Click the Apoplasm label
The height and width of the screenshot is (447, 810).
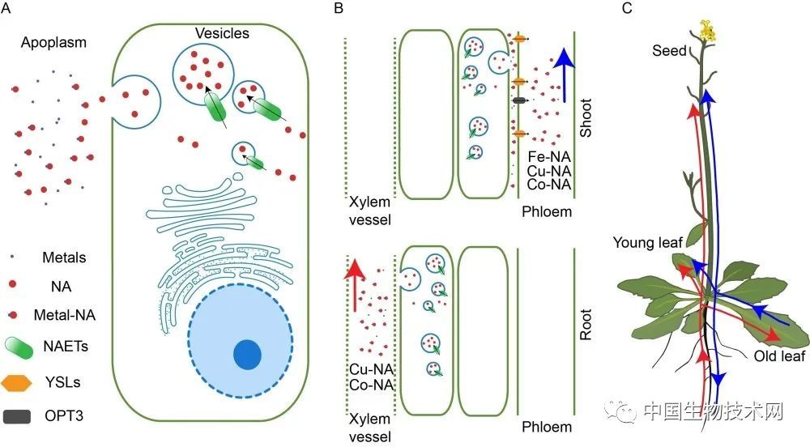coord(53,43)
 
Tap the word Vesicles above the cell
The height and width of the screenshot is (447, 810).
coord(222,33)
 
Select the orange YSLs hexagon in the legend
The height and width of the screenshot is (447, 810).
coord(16,382)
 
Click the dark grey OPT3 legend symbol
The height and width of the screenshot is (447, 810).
coord(16,416)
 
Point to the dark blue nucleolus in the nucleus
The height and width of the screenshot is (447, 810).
coord(247,355)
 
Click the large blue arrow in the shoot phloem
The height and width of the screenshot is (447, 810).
coord(564,74)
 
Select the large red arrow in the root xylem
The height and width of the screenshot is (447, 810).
coord(355,285)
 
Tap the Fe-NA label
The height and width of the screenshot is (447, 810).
coord(549,157)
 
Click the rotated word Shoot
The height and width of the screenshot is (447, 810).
coord(586,117)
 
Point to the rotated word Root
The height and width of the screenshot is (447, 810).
coord(586,324)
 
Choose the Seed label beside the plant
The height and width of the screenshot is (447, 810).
coord(669,50)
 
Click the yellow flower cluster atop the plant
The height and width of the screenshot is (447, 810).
coord(707,31)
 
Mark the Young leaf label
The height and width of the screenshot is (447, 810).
coord(648,242)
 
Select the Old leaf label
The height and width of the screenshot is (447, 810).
coord(779,356)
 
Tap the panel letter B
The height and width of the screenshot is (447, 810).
coord(339,8)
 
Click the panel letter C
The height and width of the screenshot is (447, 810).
coord(627,8)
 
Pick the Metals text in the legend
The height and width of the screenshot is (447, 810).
coord(64,257)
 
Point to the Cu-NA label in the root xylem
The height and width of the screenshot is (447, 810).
coord(372,369)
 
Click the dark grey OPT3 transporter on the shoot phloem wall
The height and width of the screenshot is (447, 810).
coord(519,100)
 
